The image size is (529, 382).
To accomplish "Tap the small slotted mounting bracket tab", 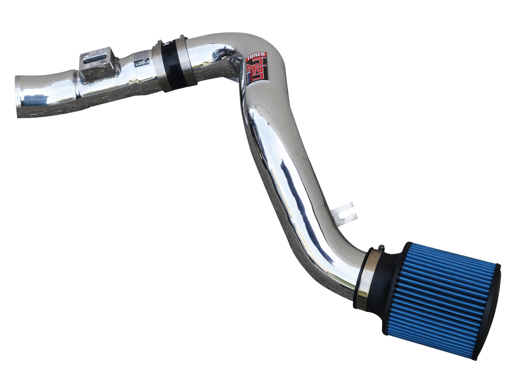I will (x=344, y=213).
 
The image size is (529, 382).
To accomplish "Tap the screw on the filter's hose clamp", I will (x=381, y=248).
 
